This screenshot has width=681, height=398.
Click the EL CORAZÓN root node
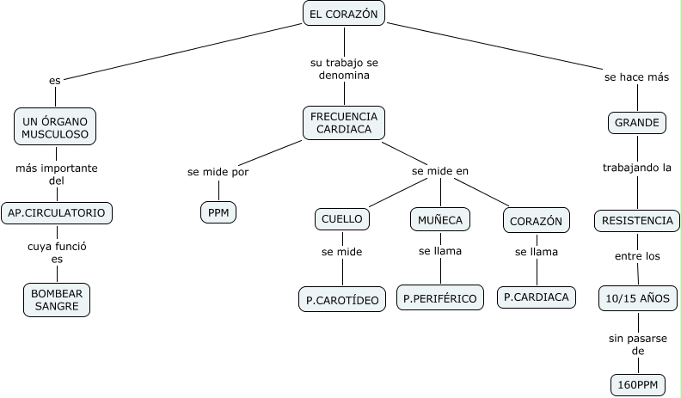point(344,14)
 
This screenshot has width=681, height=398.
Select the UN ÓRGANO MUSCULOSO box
point(56,127)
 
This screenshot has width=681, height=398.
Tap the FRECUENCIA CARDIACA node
point(344,123)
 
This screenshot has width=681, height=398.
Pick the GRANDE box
point(637,123)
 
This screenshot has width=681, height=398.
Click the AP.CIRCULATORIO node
point(57,212)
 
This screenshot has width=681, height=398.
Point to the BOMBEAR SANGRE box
point(56,299)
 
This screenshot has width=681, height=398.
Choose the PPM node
point(218,211)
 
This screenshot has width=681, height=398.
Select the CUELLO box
point(342,219)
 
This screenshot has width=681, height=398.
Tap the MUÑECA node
point(440,220)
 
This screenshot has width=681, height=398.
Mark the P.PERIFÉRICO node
point(440,298)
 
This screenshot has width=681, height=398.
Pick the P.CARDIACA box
point(537,297)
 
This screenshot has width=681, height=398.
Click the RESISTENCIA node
point(637,221)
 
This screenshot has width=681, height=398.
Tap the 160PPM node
point(637,384)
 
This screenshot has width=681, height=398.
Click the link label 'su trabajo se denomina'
point(344,70)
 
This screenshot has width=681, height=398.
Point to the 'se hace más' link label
point(636,77)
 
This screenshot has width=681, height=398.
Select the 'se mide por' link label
point(218,171)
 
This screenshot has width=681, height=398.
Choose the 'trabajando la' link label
point(636,168)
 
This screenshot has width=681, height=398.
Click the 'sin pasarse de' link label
point(636,345)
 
